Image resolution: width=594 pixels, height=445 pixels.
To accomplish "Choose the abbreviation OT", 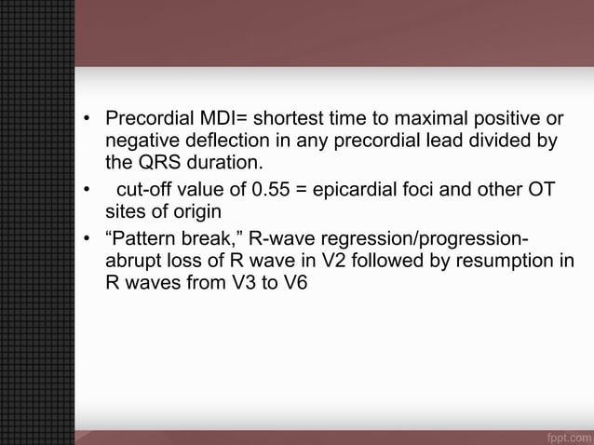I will point(541,190).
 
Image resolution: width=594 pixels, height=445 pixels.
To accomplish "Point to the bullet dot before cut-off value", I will point(87,190).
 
